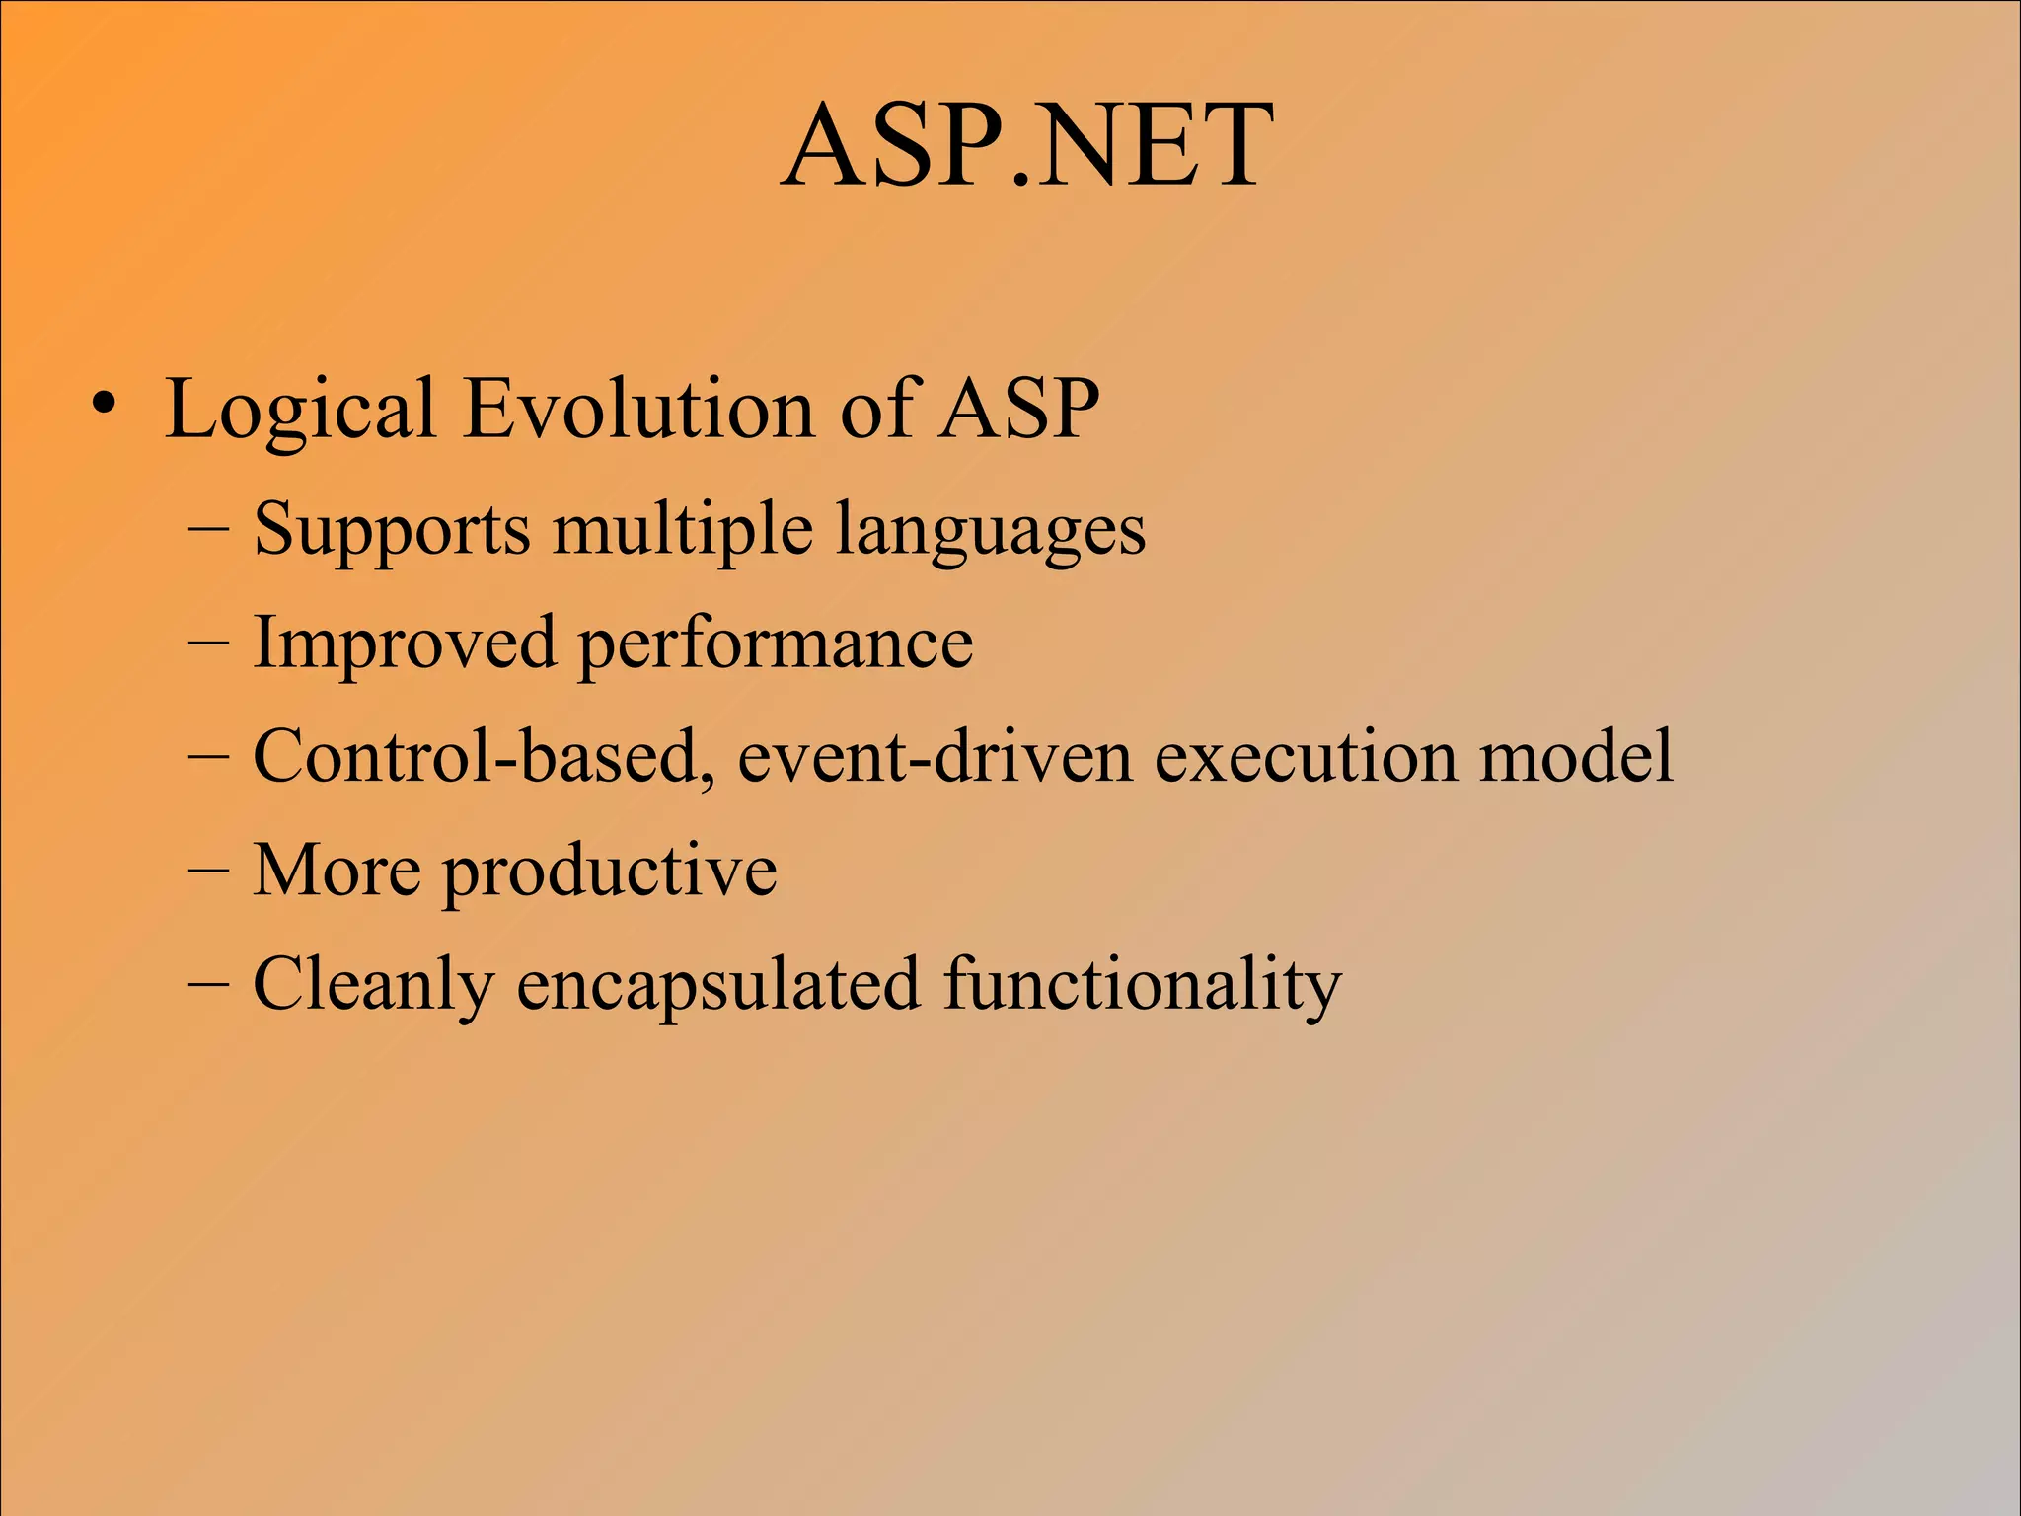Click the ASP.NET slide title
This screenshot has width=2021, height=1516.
pyautogui.click(x=1026, y=148)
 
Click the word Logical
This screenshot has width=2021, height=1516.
pyautogui.click(x=300, y=410)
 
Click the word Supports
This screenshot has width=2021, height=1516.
pyautogui.click(x=392, y=530)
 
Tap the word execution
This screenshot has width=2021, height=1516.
pyautogui.click(x=1305, y=757)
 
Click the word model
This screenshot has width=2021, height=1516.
pyautogui.click(x=1575, y=757)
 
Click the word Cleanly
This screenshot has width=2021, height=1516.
pyautogui.click(x=373, y=985)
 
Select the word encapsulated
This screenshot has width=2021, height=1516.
pyautogui.click(x=717, y=985)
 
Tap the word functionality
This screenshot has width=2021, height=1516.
pyautogui.click(x=1142, y=985)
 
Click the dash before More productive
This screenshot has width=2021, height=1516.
pyautogui.click(x=208, y=872)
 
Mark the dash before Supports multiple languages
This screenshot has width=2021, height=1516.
pyautogui.click(x=208, y=530)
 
